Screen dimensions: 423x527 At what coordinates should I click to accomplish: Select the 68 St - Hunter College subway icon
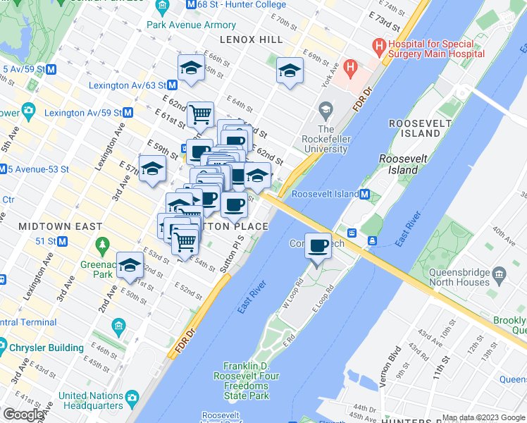[x=191, y=5]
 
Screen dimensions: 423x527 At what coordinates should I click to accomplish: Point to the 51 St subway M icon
[x=62, y=241]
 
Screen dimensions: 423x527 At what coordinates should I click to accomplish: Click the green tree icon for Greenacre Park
[x=103, y=246]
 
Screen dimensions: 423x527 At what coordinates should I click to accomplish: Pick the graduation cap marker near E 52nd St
[x=130, y=265]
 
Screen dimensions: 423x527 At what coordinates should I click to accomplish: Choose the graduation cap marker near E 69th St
[x=289, y=70]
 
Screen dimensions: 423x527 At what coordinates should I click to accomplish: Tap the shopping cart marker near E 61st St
[x=201, y=114]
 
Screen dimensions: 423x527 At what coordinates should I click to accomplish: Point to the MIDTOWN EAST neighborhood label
[x=61, y=226]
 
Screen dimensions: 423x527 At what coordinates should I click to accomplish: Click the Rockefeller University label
[x=325, y=139]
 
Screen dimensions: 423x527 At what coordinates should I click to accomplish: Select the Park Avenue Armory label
[x=182, y=25]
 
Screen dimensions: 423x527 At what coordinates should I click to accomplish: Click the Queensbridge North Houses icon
[x=499, y=274]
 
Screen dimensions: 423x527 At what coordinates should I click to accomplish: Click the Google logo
[x=23, y=415]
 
